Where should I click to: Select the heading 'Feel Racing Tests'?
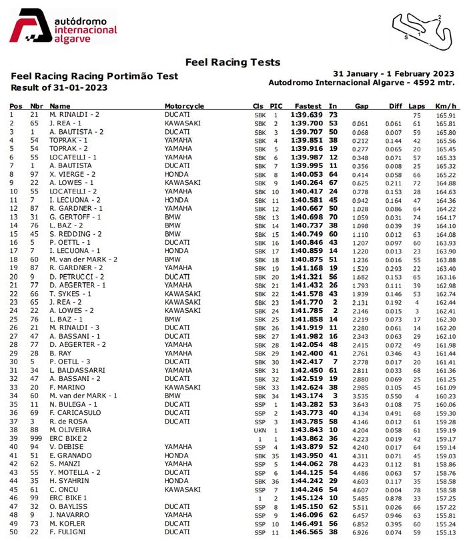232,62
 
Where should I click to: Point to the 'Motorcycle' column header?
184,106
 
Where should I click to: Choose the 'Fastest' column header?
308,106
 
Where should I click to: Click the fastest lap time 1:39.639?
306,115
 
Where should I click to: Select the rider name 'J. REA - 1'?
67,123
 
